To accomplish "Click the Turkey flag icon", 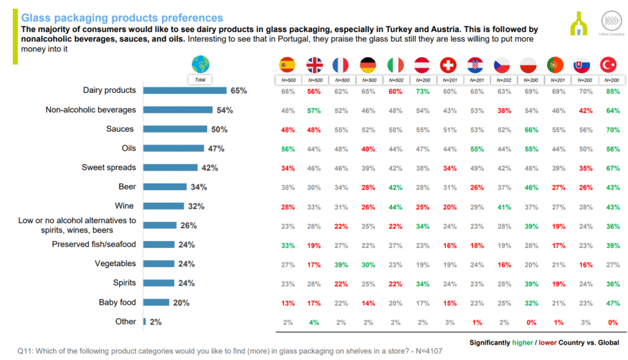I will (x=610, y=65).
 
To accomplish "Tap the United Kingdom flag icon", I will (x=315, y=65).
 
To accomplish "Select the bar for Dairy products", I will (x=185, y=91).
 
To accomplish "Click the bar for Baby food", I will (x=156, y=302).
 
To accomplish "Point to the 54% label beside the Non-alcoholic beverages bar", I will (x=225, y=110).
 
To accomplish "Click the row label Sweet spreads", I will (x=109, y=167).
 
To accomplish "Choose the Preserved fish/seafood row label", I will (x=93, y=245).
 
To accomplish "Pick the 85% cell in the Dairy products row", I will (x=610, y=91).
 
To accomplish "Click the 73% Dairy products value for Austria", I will (x=422, y=91).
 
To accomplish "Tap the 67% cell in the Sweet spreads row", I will (x=610, y=167).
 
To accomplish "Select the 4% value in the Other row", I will (x=315, y=322).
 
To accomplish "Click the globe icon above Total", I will (x=200, y=64).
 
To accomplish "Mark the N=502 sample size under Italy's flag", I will (x=395, y=80).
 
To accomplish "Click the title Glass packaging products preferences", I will (x=122, y=18).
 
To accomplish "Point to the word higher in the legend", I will (x=523, y=342).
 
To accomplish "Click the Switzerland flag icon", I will (x=448, y=65).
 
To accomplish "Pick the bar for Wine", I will (x=164, y=206).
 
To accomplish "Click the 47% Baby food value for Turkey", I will (x=610, y=302).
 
